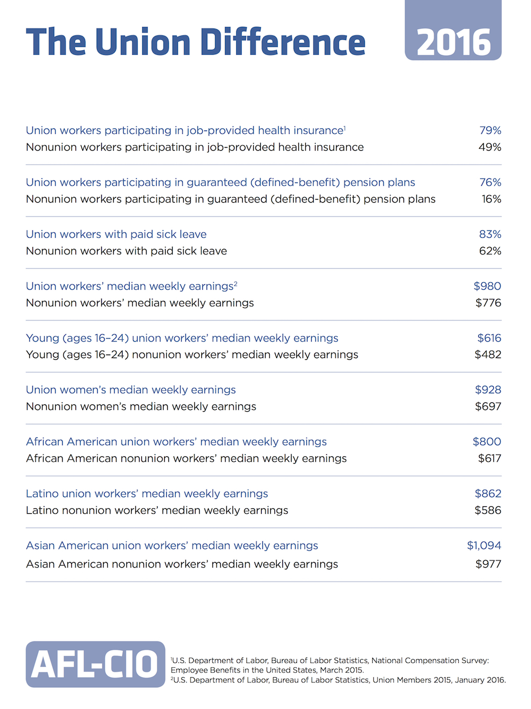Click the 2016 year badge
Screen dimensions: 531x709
(x=453, y=30)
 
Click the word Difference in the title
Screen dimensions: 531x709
(x=283, y=42)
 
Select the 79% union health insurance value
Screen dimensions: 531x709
(x=490, y=130)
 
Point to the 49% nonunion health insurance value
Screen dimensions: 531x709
(x=490, y=147)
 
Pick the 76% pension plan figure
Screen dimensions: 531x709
(x=490, y=182)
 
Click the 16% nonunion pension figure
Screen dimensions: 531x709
(x=492, y=199)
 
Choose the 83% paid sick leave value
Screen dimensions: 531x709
(x=490, y=234)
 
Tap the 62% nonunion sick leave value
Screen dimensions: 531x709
(x=490, y=251)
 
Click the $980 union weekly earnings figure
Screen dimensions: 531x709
(x=487, y=286)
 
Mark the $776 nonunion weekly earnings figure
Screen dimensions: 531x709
(x=489, y=303)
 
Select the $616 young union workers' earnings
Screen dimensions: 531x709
(x=489, y=338)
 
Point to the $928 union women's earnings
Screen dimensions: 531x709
(x=488, y=390)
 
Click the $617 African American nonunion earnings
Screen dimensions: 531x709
(x=490, y=459)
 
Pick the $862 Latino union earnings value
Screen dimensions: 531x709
(x=488, y=494)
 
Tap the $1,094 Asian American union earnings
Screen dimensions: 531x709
(x=484, y=546)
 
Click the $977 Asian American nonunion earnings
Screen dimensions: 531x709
(x=489, y=564)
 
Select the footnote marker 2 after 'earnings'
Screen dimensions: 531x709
(x=236, y=283)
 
